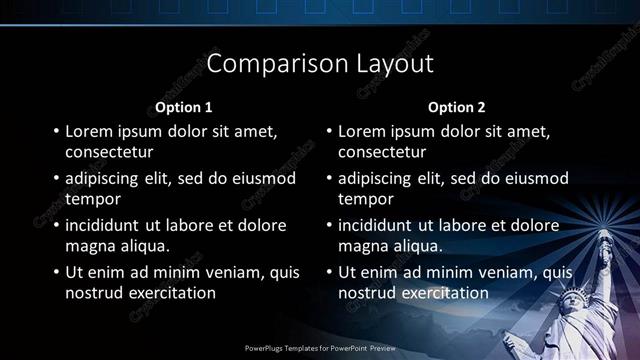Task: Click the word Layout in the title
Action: (395, 64)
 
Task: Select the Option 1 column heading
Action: (183, 107)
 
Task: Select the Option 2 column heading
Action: (456, 107)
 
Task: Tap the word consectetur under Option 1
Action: (109, 152)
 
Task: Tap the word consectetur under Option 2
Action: (382, 152)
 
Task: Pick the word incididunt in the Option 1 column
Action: (105, 225)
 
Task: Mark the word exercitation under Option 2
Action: (442, 293)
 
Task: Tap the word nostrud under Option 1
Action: (95, 293)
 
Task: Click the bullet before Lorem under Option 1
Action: (55, 131)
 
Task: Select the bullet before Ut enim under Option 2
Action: (328, 272)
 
